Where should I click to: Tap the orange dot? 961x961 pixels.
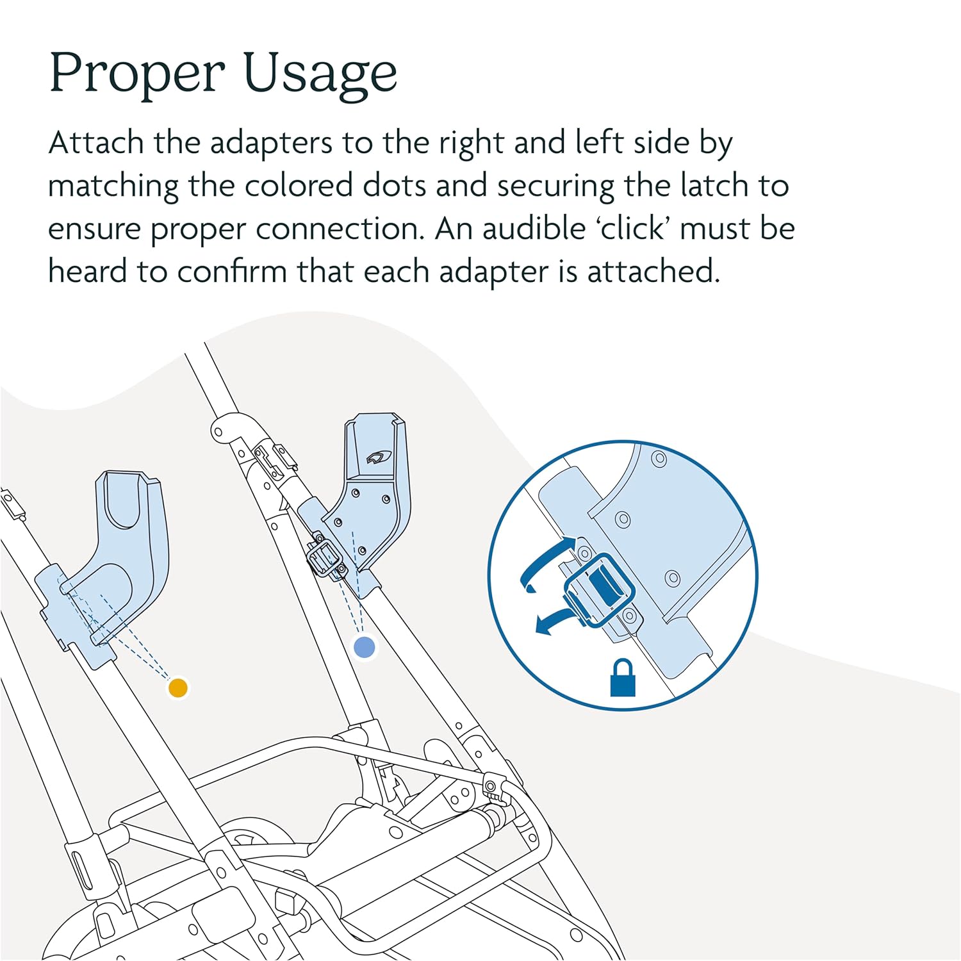[x=177, y=687]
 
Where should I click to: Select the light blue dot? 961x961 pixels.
[x=365, y=646]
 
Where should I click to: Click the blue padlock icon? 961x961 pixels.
[x=623, y=677]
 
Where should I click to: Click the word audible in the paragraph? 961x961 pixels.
[x=534, y=229]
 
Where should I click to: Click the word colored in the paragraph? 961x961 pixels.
[x=299, y=186]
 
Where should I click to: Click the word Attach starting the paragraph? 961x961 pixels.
[x=96, y=143]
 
